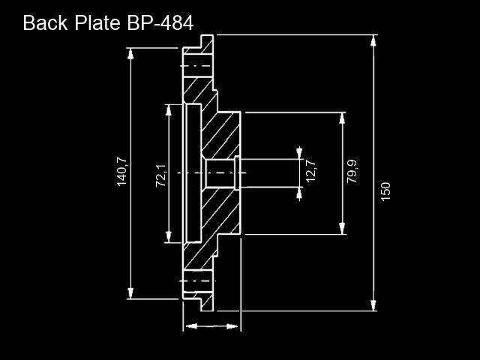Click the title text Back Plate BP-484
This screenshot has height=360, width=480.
coord(108,22)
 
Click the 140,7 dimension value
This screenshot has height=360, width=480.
coord(121,172)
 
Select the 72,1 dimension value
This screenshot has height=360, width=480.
coord(160,175)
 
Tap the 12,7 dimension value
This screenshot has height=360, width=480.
coord(311,171)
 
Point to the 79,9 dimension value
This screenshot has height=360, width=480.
coord(352,172)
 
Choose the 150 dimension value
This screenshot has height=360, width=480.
coord(385,192)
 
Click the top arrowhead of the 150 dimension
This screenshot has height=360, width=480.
coord(373,40)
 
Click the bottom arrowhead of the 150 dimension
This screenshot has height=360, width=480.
coord(373,305)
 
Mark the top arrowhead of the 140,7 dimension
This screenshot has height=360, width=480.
coord(130,54)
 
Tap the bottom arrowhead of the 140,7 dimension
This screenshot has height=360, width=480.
coord(130,293)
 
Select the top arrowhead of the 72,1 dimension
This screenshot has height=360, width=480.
coord(168,110)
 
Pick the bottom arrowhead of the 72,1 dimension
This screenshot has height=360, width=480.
coord(168,237)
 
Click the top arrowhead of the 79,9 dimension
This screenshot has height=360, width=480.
coord(342,118)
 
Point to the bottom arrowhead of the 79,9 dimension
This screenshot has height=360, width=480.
coord(342,229)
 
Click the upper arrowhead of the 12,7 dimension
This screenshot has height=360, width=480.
coord(299,154)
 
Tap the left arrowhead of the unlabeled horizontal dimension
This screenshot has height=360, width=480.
coord(192,326)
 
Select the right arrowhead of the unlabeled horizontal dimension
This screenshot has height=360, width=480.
coord(232,326)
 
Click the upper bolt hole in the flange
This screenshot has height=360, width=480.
coord(198,66)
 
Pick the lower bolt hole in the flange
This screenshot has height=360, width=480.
coord(198,281)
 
